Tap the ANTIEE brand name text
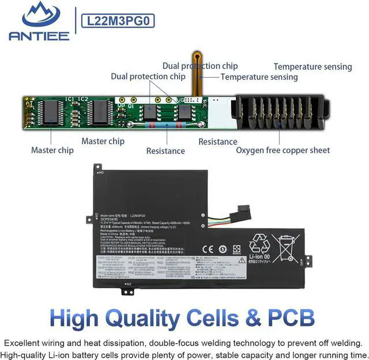(x=39, y=36)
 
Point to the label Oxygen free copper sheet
(x=283, y=150)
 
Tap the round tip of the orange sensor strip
(x=197, y=57)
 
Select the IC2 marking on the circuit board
(x=84, y=99)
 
